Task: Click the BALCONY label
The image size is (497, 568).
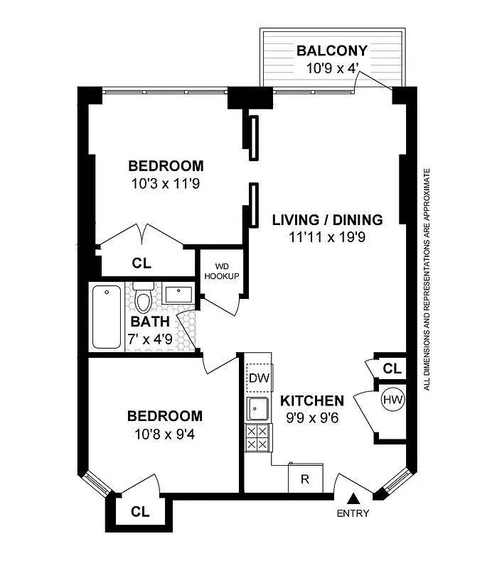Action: pyautogui.click(x=331, y=51)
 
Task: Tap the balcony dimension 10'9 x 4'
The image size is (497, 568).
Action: pyautogui.click(x=331, y=69)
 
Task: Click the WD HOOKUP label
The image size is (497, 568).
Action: pyautogui.click(x=222, y=271)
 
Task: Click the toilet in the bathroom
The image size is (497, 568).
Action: pyautogui.click(x=144, y=300)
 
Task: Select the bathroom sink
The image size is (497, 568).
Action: pyautogui.click(x=178, y=293)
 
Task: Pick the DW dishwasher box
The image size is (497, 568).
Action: pyautogui.click(x=257, y=378)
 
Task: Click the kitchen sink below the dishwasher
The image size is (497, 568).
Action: pyautogui.click(x=257, y=408)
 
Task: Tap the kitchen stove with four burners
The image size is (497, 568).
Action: pyautogui.click(x=257, y=438)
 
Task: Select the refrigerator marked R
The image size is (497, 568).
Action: pyautogui.click(x=305, y=479)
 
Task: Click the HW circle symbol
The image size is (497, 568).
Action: pyautogui.click(x=392, y=400)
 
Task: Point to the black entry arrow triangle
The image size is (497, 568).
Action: pyautogui.click(x=353, y=501)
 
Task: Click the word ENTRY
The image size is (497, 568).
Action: pyautogui.click(x=353, y=514)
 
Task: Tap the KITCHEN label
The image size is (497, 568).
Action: pyautogui.click(x=312, y=400)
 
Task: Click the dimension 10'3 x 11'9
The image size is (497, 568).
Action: pyautogui.click(x=166, y=184)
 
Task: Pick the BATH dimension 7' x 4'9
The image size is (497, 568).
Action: pyautogui.click(x=149, y=339)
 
